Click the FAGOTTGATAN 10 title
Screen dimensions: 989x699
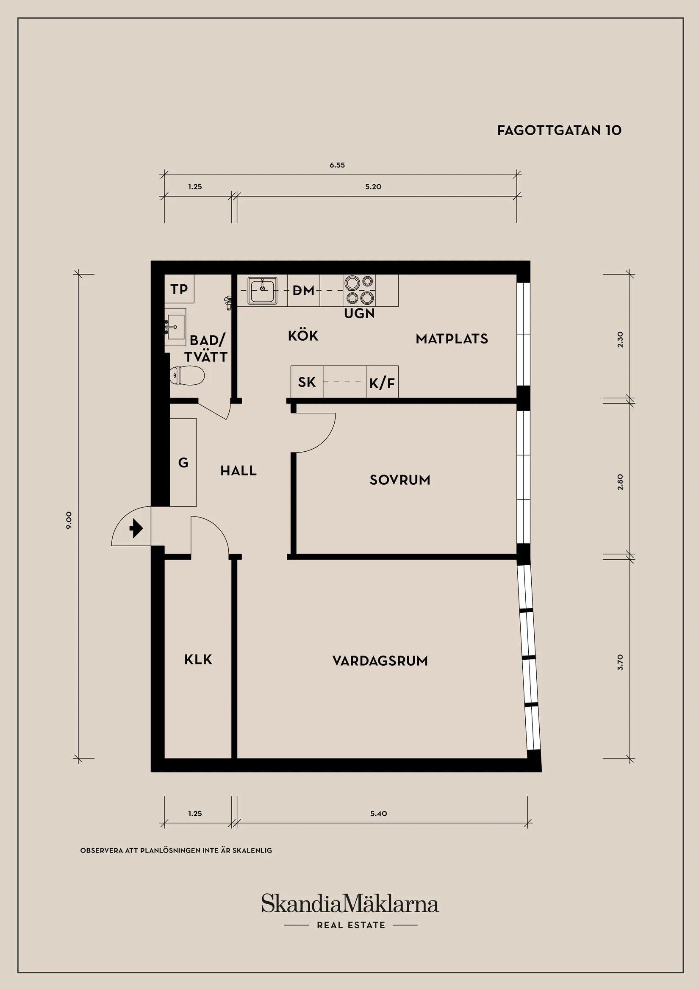559,131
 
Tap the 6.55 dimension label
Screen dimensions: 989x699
337,165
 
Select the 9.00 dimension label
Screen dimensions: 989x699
69,520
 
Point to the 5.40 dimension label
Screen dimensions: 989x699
378,813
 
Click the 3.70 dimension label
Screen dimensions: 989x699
620,662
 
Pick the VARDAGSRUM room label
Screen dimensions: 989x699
380,661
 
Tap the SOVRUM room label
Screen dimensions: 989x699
399,480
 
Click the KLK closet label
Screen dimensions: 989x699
198,659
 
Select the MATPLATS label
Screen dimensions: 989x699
452,339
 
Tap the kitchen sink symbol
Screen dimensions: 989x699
262,290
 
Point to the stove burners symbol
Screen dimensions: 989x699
359,290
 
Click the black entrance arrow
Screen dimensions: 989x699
136,528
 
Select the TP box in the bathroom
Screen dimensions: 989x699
179,289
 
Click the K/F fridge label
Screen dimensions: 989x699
382,383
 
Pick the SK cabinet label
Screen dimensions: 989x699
307,382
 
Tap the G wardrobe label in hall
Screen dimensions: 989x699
183,463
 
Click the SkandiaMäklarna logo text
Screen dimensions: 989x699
350,904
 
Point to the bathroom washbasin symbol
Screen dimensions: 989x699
175,327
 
